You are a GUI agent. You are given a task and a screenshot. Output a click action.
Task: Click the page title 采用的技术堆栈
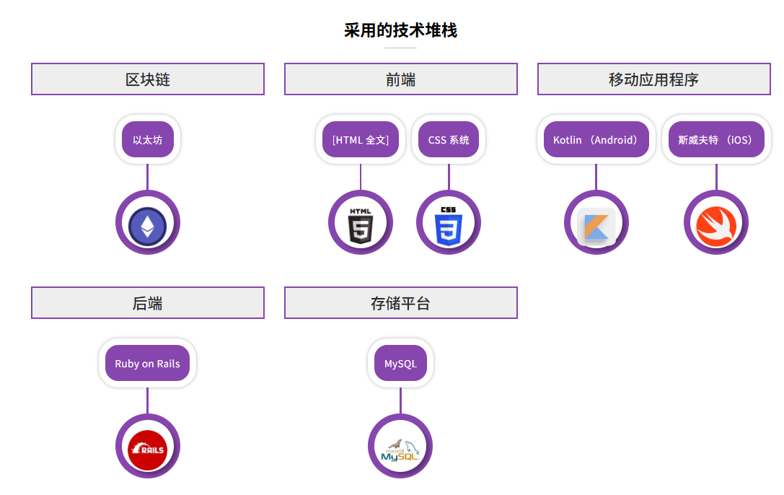(400, 30)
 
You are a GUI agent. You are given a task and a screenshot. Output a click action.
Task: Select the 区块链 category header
(148, 79)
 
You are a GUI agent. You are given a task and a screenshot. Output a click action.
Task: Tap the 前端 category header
(400, 79)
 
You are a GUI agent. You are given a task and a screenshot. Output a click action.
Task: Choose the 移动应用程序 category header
(653, 79)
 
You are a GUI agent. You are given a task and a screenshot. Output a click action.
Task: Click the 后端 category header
(148, 303)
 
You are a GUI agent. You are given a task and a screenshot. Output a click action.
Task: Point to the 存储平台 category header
(400, 303)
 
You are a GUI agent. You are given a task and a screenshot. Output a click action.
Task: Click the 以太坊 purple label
(148, 140)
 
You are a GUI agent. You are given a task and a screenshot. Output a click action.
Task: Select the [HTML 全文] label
(361, 140)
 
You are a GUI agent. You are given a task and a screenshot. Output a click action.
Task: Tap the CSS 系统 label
(449, 140)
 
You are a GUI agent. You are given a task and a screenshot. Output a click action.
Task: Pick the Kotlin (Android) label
(596, 140)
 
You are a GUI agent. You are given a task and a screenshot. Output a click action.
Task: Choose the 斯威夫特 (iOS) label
(715, 140)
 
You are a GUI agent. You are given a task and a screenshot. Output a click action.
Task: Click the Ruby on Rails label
(147, 364)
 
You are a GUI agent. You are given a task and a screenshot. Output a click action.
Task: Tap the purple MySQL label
(400, 364)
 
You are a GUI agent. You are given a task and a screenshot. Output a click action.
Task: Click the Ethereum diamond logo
(147, 224)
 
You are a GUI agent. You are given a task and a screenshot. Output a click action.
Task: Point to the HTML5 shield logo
(361, 224)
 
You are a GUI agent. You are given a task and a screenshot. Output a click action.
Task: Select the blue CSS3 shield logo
(449, 224)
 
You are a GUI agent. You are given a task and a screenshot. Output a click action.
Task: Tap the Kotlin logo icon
(596, 226)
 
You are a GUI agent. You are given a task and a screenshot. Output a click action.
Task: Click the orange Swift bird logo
(715, 224)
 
